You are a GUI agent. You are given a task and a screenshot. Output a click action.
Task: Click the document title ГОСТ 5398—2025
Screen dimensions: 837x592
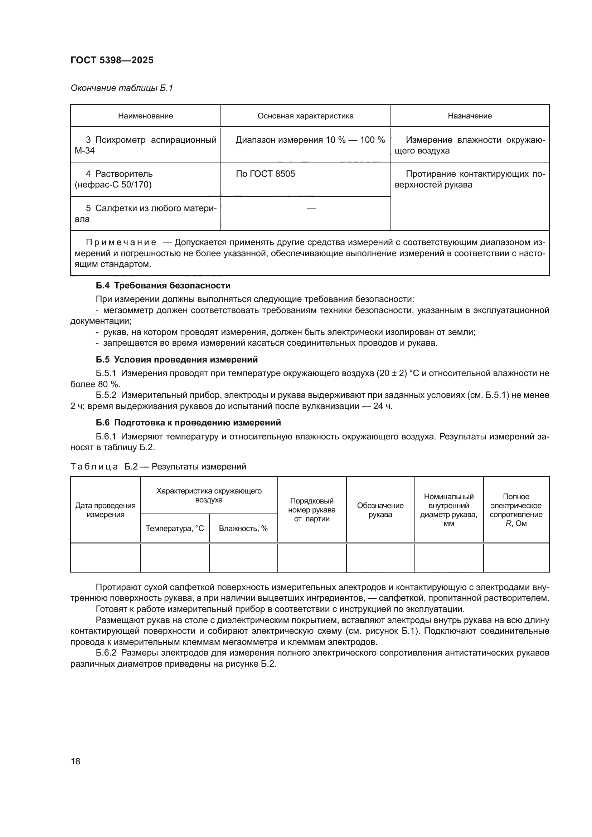(112, 60)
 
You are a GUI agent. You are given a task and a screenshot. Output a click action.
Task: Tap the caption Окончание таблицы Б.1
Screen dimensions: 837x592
(122, 88)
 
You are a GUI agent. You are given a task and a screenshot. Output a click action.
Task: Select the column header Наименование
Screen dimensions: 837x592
(145, 116)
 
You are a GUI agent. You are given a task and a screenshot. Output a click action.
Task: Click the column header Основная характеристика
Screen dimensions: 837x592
(305, 116)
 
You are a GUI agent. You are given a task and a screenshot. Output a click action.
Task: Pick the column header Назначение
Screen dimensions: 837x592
(470, 116)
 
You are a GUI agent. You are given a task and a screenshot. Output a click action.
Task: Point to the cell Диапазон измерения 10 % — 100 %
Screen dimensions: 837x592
(310, 140)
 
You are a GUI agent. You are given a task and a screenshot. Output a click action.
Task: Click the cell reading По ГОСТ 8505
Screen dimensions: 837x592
(265, 174)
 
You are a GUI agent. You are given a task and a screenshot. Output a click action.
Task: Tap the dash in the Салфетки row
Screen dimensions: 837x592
(311, 209)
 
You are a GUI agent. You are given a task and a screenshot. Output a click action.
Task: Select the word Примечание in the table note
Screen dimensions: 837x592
(121, 242)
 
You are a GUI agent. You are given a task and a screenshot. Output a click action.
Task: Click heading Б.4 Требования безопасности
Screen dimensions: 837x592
(163, 286)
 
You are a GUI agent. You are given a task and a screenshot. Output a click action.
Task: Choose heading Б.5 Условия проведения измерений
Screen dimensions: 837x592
(177, 359)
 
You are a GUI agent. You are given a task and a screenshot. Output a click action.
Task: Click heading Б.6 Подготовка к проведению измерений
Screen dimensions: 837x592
(189, 423)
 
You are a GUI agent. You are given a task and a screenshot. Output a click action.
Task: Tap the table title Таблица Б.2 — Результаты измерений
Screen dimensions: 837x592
(158, 467)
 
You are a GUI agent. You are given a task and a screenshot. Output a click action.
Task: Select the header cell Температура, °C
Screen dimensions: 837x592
(175, 528)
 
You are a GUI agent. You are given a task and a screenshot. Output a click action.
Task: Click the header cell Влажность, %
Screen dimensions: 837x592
(243, 528)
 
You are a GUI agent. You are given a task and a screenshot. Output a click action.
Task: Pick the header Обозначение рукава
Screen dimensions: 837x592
(380, 510)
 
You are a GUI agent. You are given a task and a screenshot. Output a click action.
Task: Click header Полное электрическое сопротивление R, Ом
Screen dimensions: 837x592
(516, 510)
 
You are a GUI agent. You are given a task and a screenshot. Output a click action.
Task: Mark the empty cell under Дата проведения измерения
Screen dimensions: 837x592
(105, 558)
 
